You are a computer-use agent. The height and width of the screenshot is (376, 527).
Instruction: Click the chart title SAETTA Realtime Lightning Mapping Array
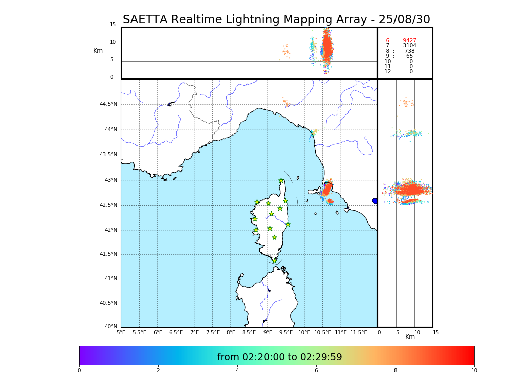276,20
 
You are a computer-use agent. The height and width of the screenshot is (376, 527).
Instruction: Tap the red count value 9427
409,41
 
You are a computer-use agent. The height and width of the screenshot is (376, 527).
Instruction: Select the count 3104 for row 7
409,46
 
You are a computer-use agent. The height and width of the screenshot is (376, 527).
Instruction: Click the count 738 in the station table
409,51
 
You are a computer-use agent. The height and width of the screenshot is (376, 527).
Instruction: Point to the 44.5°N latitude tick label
108,104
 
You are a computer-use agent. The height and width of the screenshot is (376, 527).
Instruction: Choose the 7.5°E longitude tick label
213,332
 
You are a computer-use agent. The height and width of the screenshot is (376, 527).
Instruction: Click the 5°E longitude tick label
121,332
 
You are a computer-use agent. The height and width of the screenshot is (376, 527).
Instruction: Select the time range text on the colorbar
280,357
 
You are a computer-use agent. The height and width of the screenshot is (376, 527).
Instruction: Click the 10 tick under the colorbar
474,371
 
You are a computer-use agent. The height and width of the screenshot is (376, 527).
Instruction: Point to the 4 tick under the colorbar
237,371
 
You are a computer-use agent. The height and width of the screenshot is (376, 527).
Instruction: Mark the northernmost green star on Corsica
281,181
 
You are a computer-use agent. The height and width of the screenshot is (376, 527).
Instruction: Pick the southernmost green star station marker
274,261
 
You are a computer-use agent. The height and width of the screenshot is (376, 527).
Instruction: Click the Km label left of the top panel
98,51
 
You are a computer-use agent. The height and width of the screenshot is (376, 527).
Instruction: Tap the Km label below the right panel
410,337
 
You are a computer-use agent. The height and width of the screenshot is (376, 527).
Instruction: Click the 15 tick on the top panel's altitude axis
113,25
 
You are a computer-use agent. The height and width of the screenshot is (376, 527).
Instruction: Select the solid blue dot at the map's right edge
375,201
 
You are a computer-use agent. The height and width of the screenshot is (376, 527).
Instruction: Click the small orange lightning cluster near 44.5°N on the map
285,103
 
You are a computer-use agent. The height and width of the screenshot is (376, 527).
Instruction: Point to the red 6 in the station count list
387,41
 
